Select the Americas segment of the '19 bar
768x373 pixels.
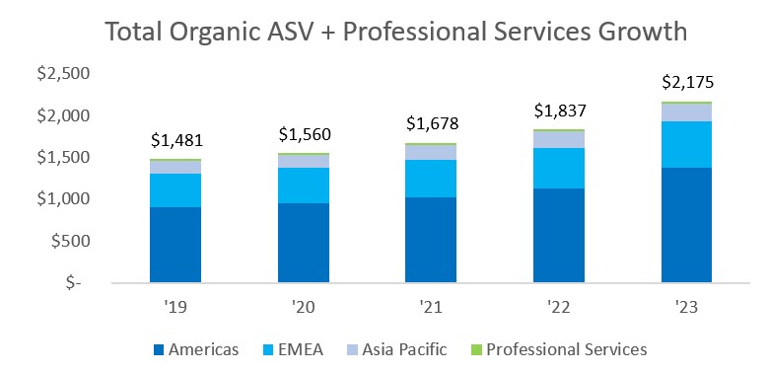point(175,244)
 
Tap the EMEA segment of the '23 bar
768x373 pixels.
point(687,144)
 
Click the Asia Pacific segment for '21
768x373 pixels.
point(432,152)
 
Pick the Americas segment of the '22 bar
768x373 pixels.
point(559,235)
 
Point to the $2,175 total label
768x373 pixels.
point(687,83)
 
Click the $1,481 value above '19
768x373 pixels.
point(175,141)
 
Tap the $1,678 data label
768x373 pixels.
point(432,124)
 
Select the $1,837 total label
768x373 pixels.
point(559,112)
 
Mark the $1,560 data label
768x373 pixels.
point(304,134)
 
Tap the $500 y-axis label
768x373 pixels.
point(73,241)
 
